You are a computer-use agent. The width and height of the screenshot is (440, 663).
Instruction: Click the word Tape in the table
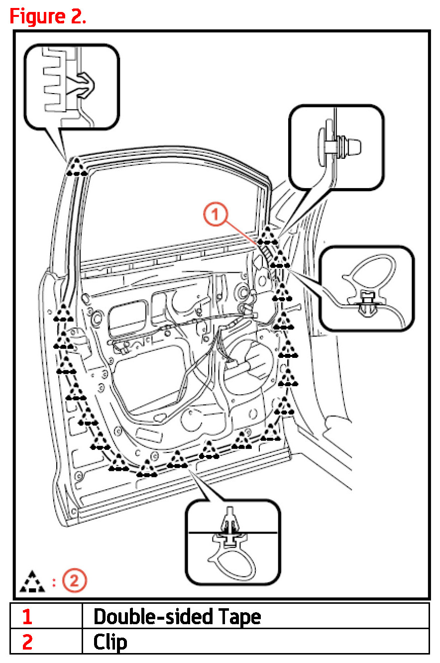pyautogui.click(x=236, y=616)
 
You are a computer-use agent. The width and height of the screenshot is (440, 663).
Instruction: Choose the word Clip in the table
pyautogui.click(x=110, y=642)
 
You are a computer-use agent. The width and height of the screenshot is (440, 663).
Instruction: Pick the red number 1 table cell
pyautogui.click(x=27, y=616)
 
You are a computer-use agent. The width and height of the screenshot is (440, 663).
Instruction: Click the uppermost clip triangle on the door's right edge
pyautogui.click(x=269, y=234)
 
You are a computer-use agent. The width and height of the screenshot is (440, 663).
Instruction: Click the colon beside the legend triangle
pyautogui.click(x=54, y=582)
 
